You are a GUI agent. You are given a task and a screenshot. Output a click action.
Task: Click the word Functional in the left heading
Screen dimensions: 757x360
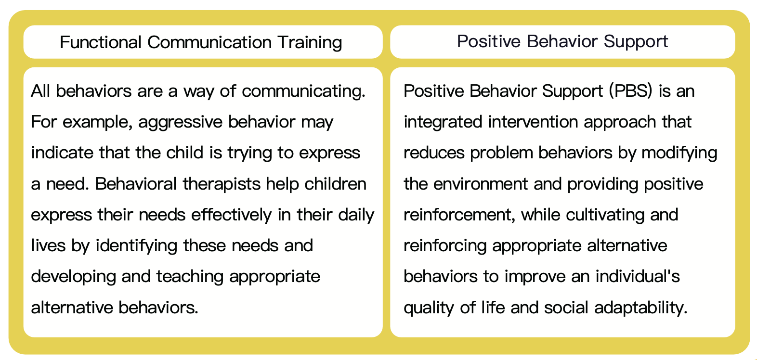coord(100,42)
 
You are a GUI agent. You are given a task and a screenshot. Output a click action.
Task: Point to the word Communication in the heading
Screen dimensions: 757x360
coord(209,42)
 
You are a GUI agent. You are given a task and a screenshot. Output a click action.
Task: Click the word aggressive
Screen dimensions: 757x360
coord(180,122)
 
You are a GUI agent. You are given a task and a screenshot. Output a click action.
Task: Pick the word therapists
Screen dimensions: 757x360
coord(222,184)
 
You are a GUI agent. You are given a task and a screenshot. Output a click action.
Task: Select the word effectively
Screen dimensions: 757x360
coord(231,215)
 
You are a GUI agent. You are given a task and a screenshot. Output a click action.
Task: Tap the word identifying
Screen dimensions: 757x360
coord(137,246)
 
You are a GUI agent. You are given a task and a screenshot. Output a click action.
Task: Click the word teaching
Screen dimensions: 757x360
coord(190,277)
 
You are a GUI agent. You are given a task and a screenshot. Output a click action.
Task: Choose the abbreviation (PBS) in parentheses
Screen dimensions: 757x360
coord(631,91)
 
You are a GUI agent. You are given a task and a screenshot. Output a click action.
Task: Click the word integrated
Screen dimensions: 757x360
coord(443,122)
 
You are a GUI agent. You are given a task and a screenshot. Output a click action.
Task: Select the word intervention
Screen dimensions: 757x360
coord(533,122)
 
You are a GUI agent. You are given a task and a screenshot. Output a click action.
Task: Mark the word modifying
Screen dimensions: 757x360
coord(679,153)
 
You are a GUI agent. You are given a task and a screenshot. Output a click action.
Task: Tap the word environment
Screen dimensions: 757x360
coord(481,184)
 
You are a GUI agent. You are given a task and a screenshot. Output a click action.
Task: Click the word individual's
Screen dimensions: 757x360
coord(638,276)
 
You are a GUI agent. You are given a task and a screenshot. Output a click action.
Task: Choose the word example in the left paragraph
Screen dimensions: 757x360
coord(97,122)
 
